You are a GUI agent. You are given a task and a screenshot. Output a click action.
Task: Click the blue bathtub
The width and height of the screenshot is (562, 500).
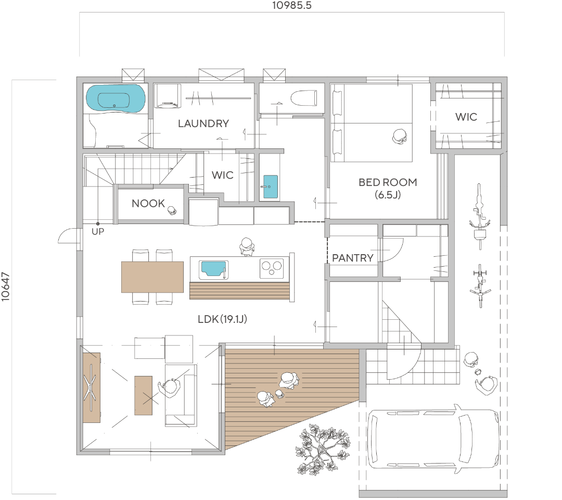coord(116,98)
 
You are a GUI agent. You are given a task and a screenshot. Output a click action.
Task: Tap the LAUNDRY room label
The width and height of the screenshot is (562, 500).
coord(203,123)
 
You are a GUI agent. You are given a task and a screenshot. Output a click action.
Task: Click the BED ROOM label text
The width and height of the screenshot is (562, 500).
coord(388,182)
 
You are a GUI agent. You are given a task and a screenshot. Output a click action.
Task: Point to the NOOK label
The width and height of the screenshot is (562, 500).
coord(148,203)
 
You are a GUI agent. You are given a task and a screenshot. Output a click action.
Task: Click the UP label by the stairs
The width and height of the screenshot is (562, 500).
coord(98,232)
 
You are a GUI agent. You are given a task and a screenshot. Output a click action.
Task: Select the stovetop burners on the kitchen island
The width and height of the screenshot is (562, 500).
coord(271,268)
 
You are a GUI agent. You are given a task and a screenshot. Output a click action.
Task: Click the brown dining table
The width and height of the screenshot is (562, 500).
coord(152,277)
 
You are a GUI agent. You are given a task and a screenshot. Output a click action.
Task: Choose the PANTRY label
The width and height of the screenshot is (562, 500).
coord(353,258)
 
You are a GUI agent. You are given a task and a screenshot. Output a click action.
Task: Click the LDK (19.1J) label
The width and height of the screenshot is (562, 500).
coord(222,319)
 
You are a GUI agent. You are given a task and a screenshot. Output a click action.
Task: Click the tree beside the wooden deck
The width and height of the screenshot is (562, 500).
coord(322,450)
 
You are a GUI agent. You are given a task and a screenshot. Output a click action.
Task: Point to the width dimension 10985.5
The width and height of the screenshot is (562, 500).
coord(292,5)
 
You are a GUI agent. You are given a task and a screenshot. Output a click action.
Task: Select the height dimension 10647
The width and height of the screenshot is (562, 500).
coord(5,286)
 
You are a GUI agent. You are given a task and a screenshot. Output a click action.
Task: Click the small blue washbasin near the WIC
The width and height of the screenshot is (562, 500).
coord(270,186)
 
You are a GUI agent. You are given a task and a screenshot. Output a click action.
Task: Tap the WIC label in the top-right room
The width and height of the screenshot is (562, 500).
coord(466,117)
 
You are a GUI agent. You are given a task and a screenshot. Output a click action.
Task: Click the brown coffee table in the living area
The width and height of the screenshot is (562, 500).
coord(144,395)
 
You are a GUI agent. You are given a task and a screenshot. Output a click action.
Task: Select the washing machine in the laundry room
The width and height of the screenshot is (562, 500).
coord(168,96)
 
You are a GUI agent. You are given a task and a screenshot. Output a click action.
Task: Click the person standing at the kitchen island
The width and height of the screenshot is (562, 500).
coord(247,246)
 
